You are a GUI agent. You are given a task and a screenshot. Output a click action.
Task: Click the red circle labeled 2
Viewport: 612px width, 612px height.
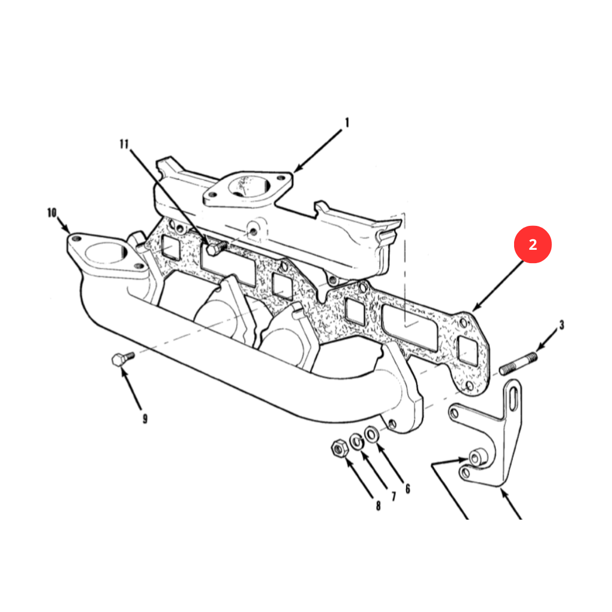click(532, 244)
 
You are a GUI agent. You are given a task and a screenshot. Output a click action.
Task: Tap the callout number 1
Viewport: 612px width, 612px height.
click(347, 122)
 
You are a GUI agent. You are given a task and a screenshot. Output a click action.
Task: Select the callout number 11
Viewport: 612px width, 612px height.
click(124, 144)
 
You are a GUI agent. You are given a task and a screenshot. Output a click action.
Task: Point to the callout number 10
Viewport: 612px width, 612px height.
click(52, 213)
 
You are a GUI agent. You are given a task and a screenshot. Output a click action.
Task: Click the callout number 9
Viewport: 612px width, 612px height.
click(145, 419)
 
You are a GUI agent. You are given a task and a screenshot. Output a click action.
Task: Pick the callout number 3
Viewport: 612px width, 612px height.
click(561, 325)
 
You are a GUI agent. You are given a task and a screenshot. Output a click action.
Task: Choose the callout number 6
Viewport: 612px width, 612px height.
click(407, 488)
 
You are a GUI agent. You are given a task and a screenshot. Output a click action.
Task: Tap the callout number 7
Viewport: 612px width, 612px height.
click(393, 496)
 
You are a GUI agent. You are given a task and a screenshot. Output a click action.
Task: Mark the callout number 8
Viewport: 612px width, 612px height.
click(378, 506)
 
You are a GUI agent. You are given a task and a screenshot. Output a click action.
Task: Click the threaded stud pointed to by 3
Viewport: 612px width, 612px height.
click(519, 364)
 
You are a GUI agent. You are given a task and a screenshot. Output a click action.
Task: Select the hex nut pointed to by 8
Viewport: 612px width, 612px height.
click(340, 448)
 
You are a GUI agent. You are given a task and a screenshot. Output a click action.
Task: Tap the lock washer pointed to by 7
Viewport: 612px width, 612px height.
click(356, 441)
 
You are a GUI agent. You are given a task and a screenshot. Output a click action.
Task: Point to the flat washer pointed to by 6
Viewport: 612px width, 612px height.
click(371, 434)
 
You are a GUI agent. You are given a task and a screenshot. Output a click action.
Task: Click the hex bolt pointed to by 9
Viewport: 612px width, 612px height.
click(122, 358)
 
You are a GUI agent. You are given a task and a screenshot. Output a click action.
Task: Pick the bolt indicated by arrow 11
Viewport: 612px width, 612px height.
click(216, 248)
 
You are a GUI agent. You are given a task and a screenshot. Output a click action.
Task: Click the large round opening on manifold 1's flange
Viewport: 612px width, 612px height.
click(248, 185)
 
